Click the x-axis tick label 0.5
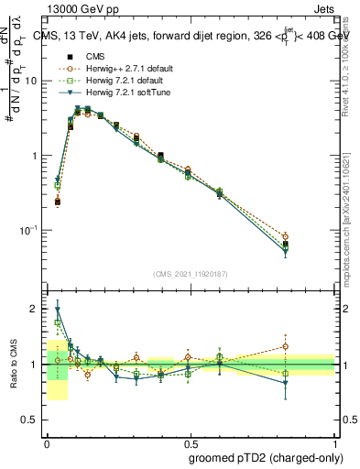(191, 441)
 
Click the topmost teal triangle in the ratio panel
(58, 309)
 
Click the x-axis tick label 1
(334, 441)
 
